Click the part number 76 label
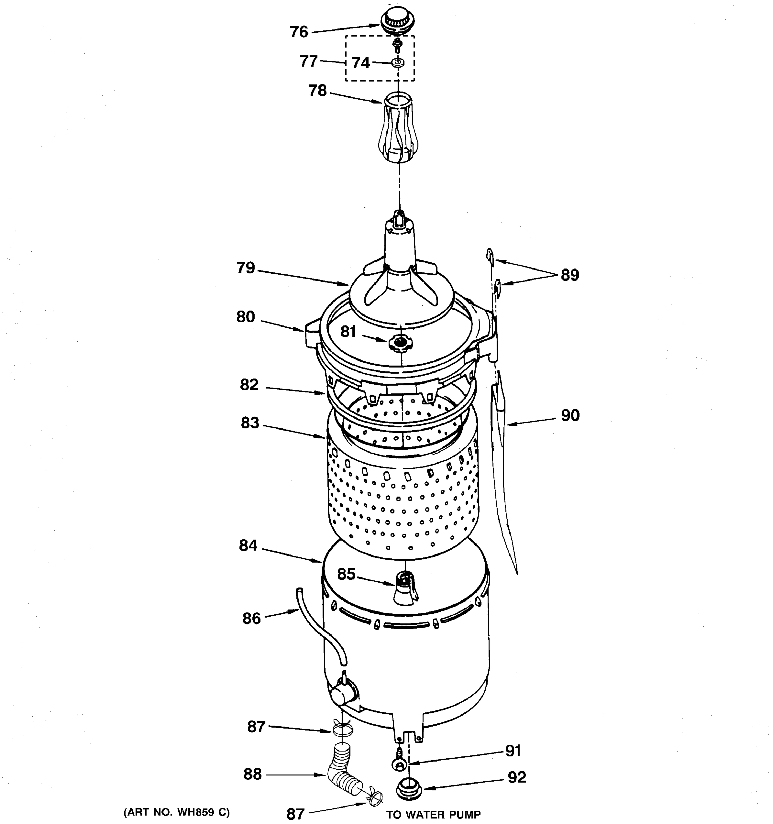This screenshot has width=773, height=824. (x=299, y=32)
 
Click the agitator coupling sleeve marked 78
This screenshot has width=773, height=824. (x=398, y=128)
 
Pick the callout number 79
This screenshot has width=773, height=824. (x=246, y=268)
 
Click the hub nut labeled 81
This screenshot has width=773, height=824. (x=399, y=342)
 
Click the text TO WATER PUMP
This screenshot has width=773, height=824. (x=433, y=814)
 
